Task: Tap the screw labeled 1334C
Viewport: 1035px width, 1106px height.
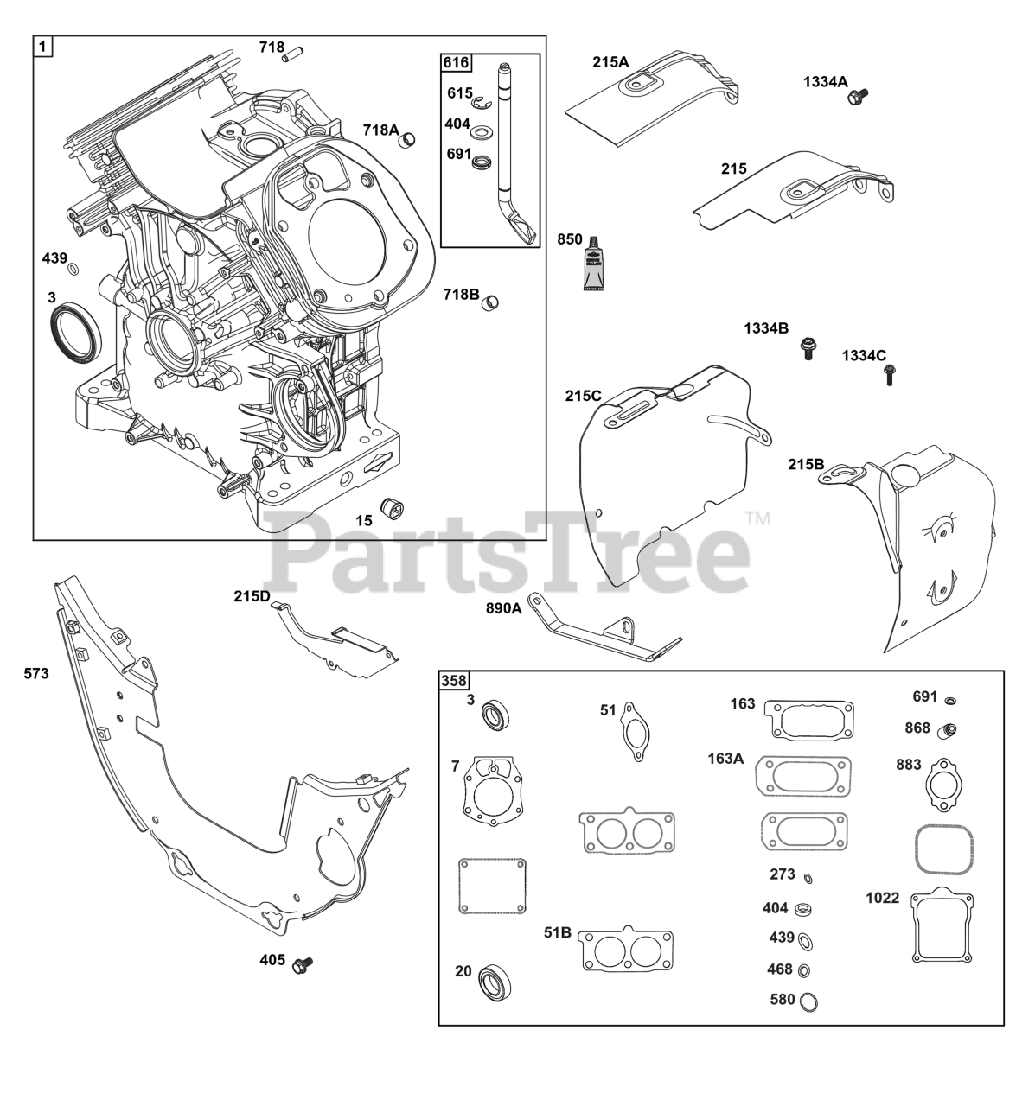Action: click(890, 374)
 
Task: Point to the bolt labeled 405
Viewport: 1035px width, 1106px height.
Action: click(303, 963)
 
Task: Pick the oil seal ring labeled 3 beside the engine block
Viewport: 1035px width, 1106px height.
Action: click(75, 330)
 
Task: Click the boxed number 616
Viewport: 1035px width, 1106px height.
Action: click(456, 62)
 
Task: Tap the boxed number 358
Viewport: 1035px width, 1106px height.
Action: click(453, 681)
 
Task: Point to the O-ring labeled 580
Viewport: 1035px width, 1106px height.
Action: click(810, 1001)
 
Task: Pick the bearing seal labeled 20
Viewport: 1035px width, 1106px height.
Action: click(495, 981)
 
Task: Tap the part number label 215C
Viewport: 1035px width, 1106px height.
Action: click(583, 396)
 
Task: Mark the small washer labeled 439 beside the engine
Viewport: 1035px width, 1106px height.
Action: click(73, 269)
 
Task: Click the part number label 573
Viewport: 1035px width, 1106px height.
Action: click(36, 673)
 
